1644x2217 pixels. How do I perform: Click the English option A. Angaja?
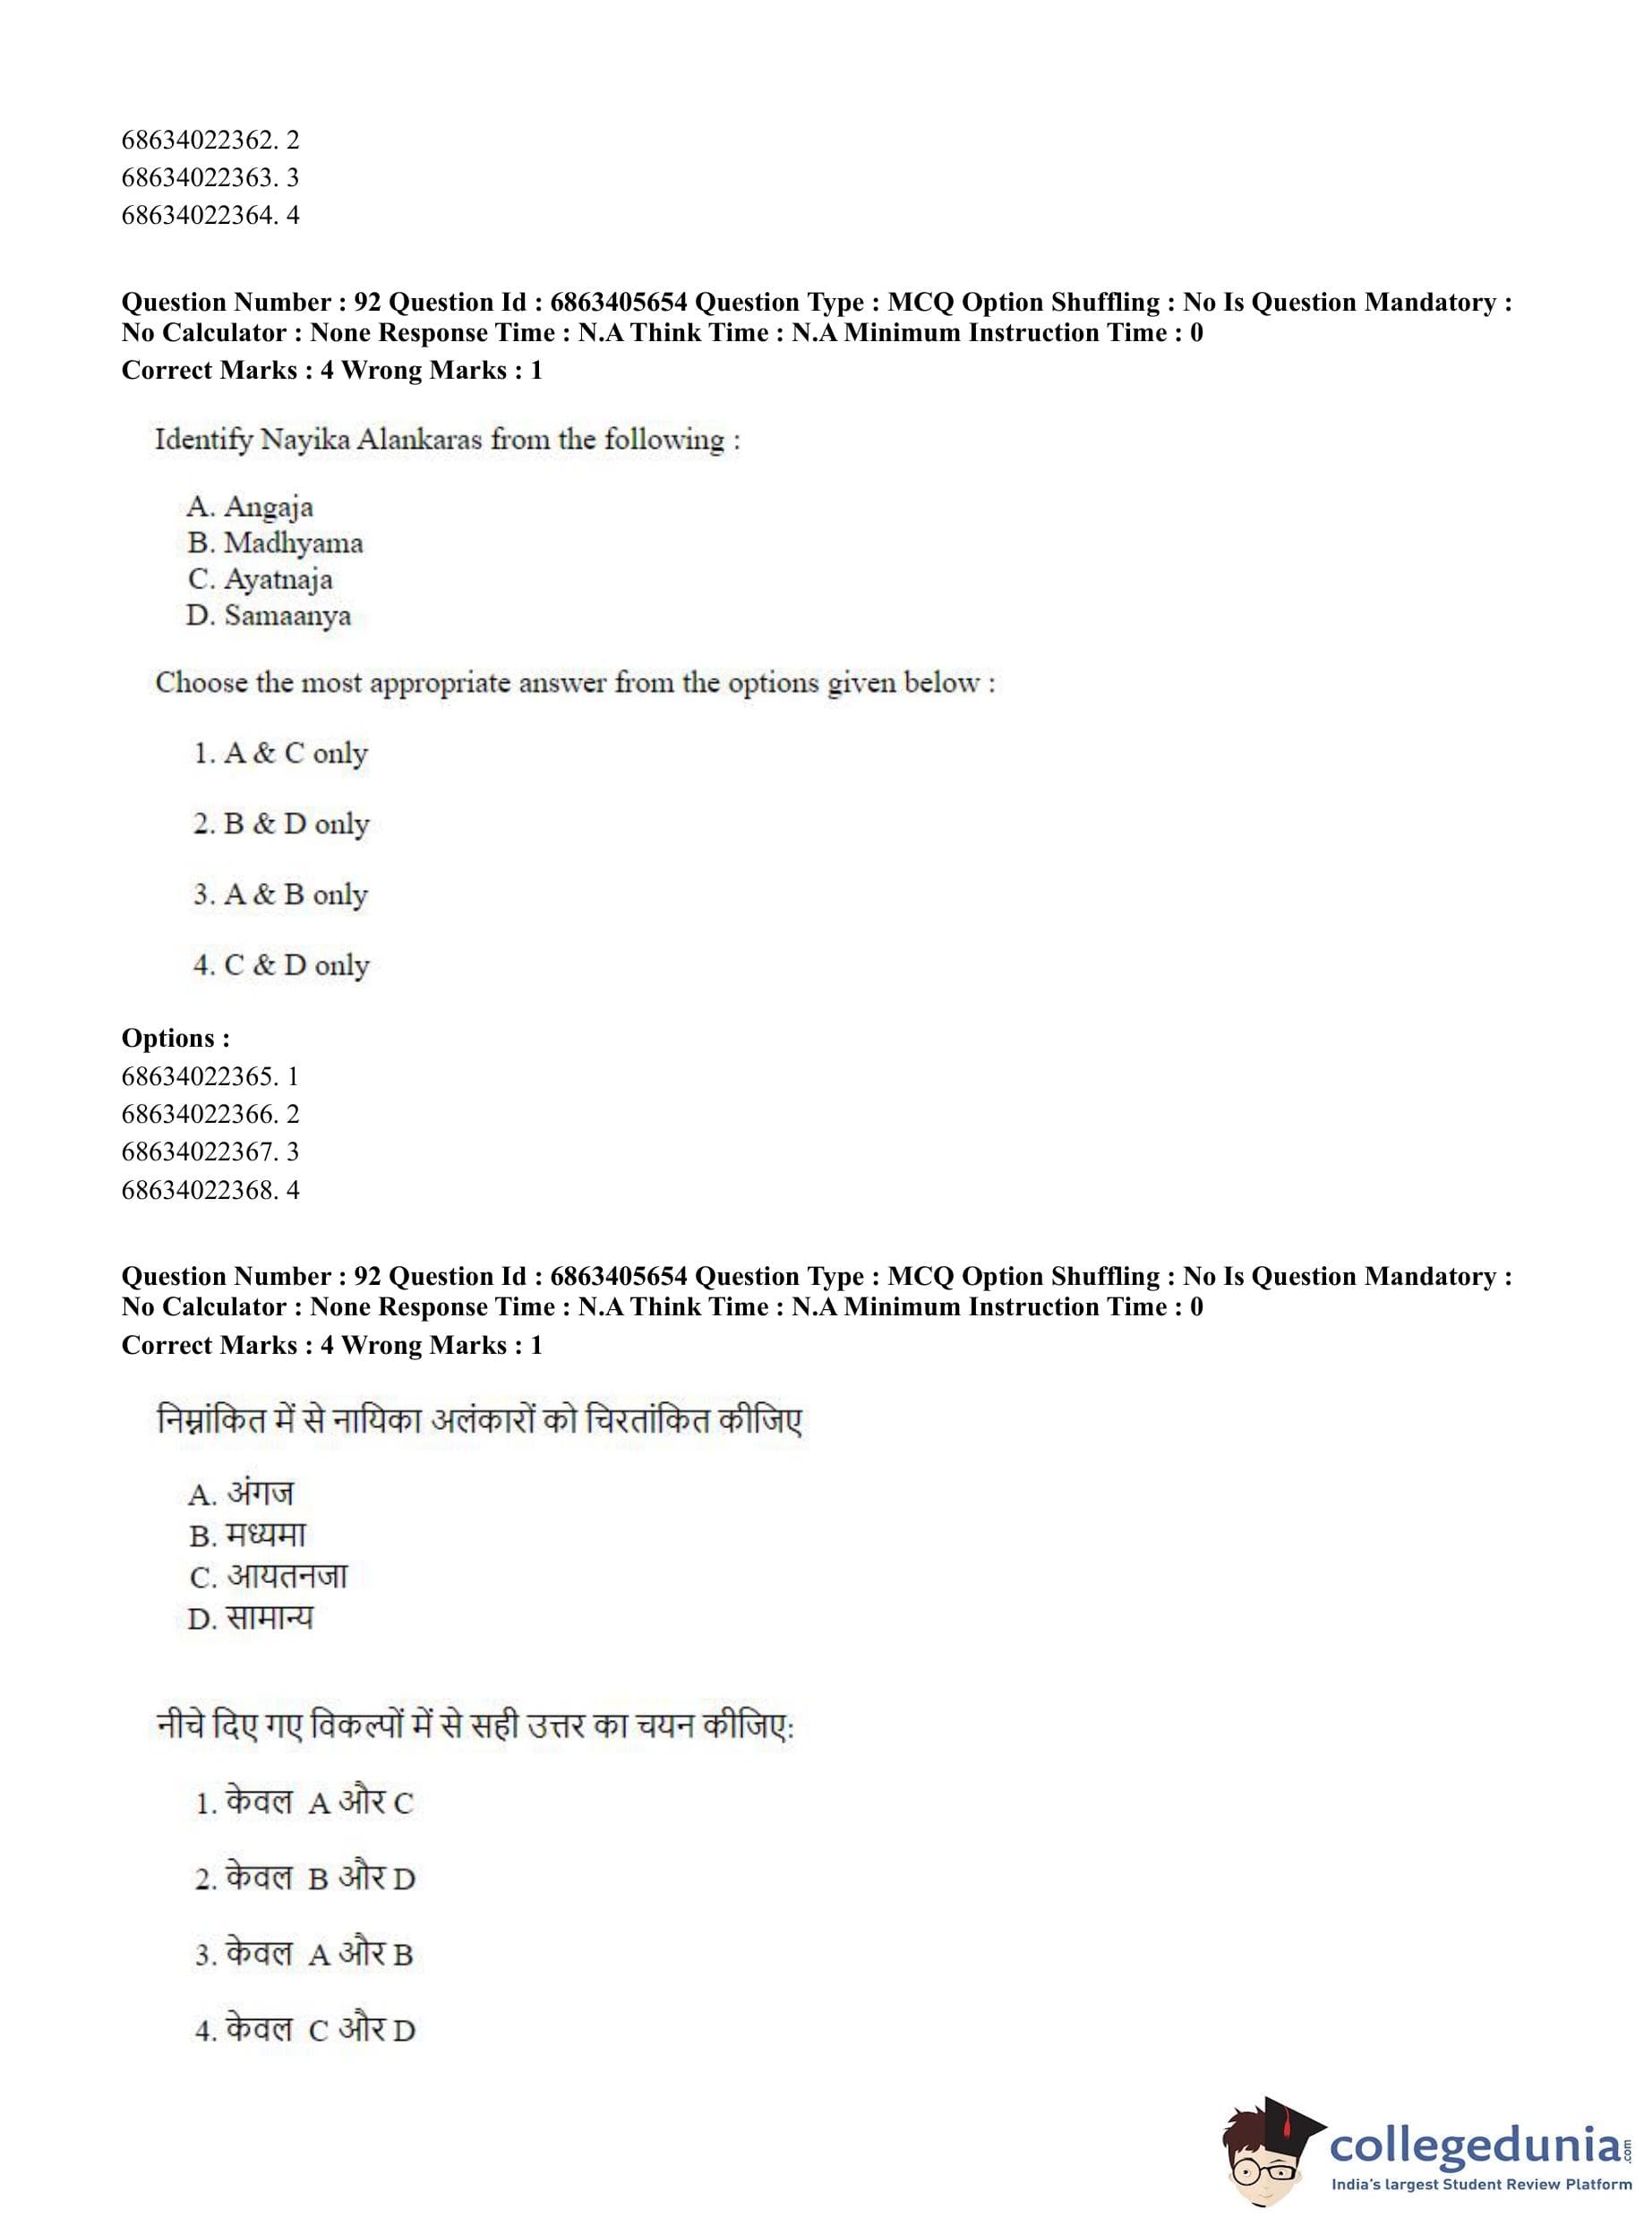(x=249, y=507)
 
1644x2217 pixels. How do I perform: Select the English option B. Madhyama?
(x=275, y=544)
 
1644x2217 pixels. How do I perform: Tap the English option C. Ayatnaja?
(x=260, y=579)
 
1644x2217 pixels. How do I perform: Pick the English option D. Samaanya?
(x=268, y=616)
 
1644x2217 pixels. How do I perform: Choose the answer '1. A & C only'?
(x=279, y=753)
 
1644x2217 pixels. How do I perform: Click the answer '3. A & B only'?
(x=279, y=895)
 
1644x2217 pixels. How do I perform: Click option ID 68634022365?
(x=209, y=1076)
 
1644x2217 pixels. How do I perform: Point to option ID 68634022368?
(x=209, y=1190)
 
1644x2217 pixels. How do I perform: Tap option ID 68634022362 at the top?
(x=209, y=141)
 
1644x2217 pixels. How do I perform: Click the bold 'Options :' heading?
(x=176, y=1038)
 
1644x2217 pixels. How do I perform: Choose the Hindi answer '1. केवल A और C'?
(x=304, y=1802)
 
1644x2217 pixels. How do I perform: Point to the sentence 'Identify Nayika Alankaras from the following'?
(x=447, y=440)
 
